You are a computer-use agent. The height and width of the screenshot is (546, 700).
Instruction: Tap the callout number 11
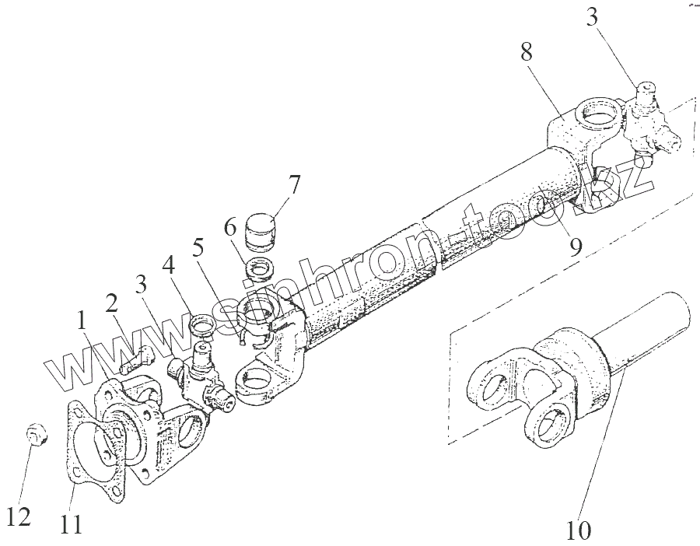tap(71, 527)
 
